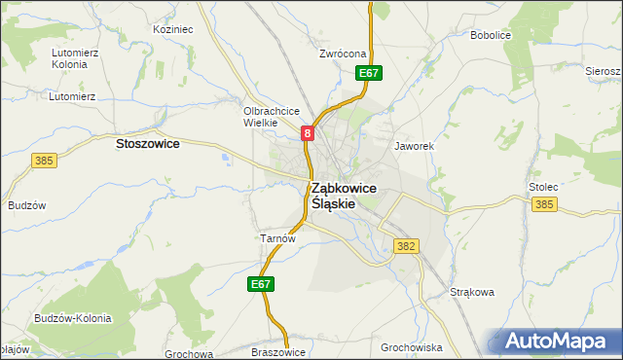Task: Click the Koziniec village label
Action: tap(173, 30)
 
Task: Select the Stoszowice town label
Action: tap(147, 143)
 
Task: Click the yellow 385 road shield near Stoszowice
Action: tap(43, 160)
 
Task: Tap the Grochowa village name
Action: tap(189, 354)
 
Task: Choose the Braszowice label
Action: tap(278, 352)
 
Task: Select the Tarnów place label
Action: tap(277, 237)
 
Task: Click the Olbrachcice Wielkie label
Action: tap(270, 117)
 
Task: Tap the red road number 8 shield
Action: tap(308, 133)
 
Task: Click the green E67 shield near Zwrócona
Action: tap(368, 73)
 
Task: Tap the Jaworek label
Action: tap(413, 146)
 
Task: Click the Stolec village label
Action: tap(542, 185)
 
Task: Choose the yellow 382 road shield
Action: tap(406, 247)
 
